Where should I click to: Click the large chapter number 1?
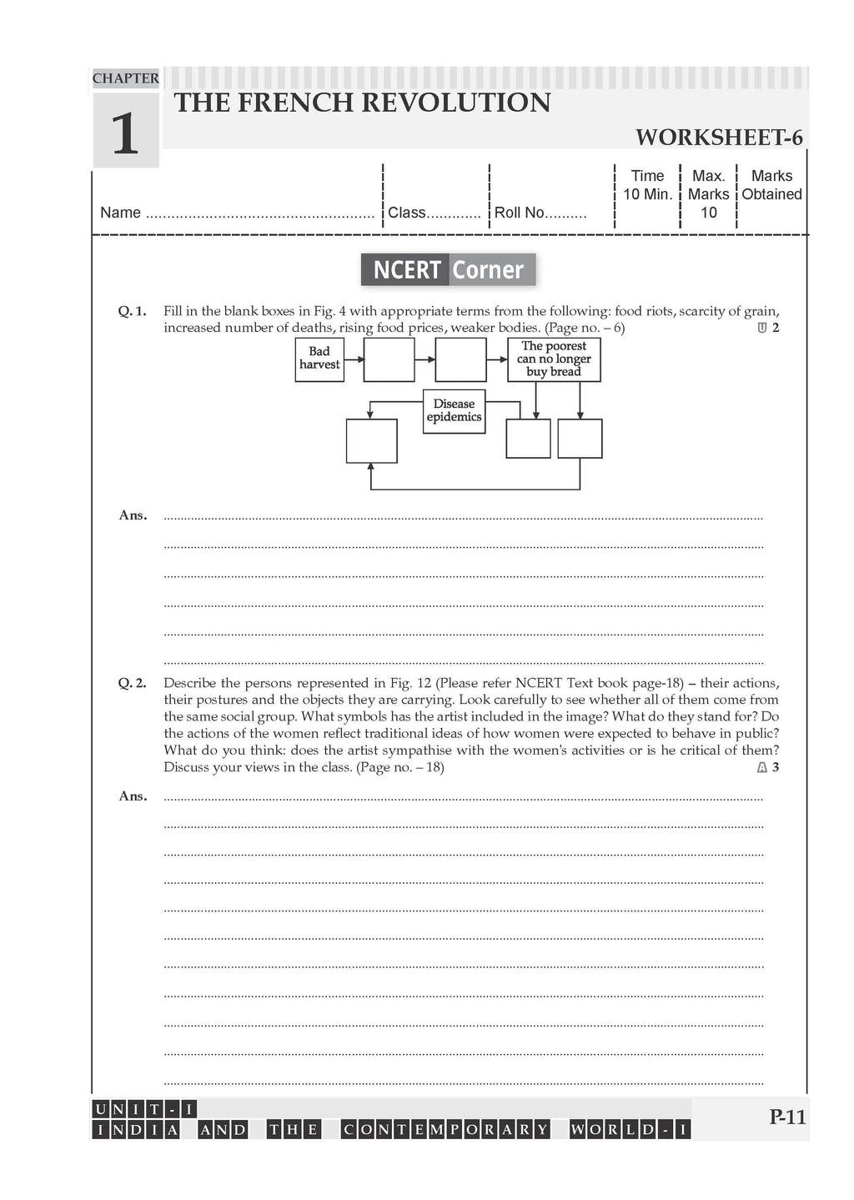125,133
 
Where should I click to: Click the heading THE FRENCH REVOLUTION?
362,103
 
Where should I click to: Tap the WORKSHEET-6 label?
719,138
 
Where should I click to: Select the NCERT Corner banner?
448,269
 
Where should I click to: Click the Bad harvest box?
319,359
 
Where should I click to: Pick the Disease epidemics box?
454,410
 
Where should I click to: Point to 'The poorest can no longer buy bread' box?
554,359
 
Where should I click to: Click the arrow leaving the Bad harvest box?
354,359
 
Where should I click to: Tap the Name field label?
120,213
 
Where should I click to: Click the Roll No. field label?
519,213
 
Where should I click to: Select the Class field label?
407,213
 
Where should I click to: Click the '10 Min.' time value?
648,194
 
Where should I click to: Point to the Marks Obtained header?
771,185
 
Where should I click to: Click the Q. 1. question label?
132,311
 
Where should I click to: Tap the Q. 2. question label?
132,683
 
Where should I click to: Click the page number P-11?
787,1117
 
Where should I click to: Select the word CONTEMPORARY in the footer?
446,1130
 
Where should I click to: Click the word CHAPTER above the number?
125,78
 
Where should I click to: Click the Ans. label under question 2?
133,796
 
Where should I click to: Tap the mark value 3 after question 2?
776,767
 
